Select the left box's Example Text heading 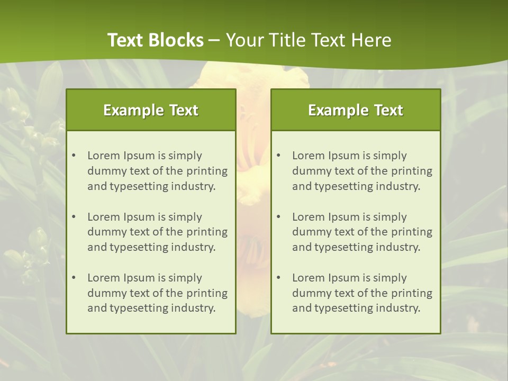click(x=151, y=110)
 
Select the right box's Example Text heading click(x=356, y=110)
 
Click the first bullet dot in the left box click(x=74, y=156)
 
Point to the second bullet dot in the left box click(x=74, y=217)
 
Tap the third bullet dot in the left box click(x=74, y=278)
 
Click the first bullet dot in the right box click(x=278, y=156)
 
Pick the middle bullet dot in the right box click(x=278, y=217)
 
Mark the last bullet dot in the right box click(x=278, y=278)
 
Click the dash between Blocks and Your click(x=214, y=40)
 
